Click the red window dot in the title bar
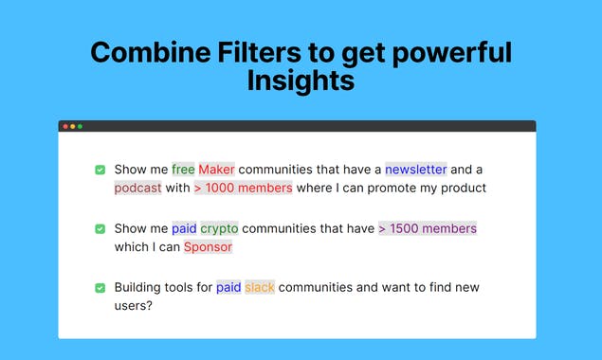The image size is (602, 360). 65,126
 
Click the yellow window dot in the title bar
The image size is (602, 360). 73,126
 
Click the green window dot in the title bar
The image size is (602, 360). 81,126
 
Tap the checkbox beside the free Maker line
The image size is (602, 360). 100,170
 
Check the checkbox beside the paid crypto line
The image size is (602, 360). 100,229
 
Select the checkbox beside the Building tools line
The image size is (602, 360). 100,288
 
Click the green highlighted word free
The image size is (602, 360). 183,170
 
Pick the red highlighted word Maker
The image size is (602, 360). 216,170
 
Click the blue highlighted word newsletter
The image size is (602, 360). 415,170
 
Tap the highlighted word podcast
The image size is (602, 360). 138,188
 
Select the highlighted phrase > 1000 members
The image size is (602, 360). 243,188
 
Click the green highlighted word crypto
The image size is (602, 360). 219,228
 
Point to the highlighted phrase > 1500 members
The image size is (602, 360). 428,228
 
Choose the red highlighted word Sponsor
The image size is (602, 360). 208,247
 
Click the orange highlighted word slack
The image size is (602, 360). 260,287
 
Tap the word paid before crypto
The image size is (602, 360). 184,228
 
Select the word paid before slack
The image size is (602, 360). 228,287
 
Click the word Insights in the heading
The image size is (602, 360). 301,81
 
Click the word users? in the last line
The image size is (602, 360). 133,306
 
